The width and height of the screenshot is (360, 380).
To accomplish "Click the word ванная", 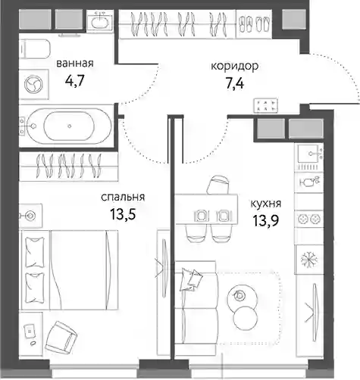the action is coord(75,63).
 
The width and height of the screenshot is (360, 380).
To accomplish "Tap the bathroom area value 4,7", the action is coord(74,81).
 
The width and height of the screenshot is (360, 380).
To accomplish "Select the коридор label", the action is coord(235,67).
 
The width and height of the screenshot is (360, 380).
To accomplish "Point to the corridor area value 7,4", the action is coord(235,83).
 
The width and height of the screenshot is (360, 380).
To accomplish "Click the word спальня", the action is coord(123,197).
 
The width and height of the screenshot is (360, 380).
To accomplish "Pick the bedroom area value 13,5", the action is coord(123,214).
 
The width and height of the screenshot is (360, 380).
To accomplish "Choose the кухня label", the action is coord(266,204).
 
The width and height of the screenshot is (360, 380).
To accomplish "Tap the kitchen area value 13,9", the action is coord(265,221).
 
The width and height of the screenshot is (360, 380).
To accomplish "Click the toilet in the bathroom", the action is coord(35,49).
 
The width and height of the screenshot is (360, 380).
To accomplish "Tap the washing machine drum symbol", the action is coord(33,84).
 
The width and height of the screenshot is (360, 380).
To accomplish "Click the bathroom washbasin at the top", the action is coord(101,21).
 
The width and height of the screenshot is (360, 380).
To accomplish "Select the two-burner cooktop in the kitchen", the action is coord(309,218).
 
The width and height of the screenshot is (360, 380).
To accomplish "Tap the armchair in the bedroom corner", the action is coord(61,335).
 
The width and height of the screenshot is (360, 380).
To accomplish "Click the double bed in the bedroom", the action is coord(70,269).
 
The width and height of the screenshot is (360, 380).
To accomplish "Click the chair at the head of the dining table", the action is coord(218,185).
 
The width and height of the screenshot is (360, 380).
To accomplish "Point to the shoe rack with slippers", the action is coord(254,23).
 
